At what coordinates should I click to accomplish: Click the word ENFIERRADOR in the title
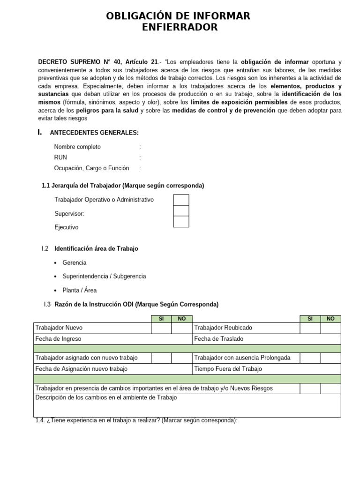point(180,28)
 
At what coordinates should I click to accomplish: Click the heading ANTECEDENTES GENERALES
point(94,133)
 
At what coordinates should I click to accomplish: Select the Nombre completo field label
point(77,147)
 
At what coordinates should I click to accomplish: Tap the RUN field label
point(60,157)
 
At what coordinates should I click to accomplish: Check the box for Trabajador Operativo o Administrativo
point(181,200)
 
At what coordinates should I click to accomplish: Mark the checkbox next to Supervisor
point(181,211)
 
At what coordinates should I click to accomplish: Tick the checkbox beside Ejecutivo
point(181,222)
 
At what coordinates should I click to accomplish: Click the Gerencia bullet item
point(74,262)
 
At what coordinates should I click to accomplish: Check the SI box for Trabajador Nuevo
point(161,328)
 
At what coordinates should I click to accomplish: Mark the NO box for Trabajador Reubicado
point(330,328)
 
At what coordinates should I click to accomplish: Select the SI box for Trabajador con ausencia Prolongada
point(310,358)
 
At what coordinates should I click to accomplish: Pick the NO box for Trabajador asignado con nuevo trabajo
point(182,358)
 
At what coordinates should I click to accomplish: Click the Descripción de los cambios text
point(106,398)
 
